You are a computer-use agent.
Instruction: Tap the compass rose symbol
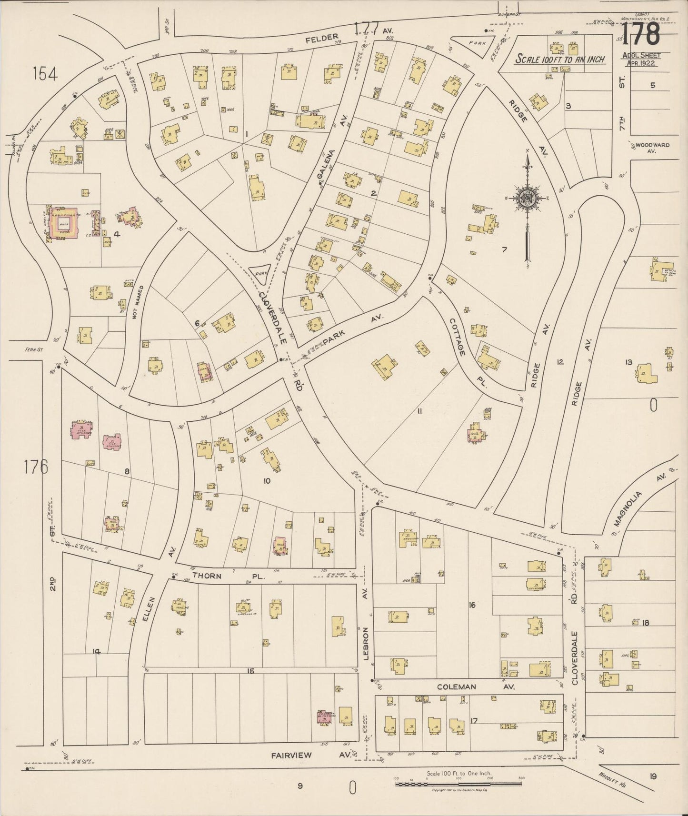528,198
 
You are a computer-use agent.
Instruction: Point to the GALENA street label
326,166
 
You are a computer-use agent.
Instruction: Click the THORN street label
207,576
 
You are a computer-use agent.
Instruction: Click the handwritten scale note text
561,59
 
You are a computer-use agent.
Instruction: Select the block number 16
472,605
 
